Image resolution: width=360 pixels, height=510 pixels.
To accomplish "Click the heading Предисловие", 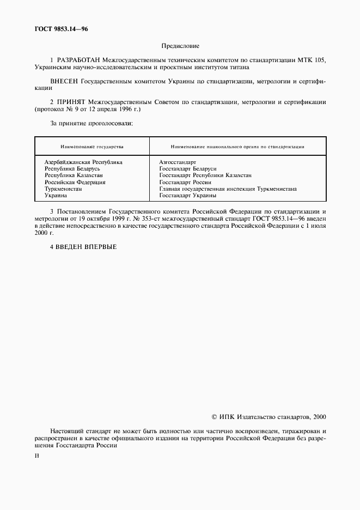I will [x=180, y=46].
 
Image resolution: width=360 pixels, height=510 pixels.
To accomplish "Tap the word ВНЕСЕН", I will [x=64, y=81].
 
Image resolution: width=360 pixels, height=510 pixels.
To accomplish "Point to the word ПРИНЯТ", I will [x=71, y=102].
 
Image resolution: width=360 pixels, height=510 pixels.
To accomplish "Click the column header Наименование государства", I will [x=91, y=147].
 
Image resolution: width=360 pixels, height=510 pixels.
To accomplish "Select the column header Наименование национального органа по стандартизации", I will [x=237, y=147].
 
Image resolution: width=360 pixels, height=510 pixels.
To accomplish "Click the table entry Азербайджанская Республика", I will [x=83, y=162].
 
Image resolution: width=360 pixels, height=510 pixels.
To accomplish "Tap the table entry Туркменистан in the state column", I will [x=63, y=189].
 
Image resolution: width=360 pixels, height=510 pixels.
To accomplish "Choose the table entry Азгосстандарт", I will [x=177, y=162].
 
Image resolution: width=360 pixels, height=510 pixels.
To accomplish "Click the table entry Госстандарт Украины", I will [x=187, y=195].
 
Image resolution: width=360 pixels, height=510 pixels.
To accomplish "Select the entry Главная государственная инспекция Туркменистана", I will [x=228, y=189].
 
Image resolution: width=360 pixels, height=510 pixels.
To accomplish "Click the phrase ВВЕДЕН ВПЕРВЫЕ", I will [x=86, y=246].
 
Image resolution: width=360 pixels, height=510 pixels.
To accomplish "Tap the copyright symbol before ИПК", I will [x=213, y=417].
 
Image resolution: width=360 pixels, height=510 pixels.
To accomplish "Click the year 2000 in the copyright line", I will [x=319, y=417].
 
